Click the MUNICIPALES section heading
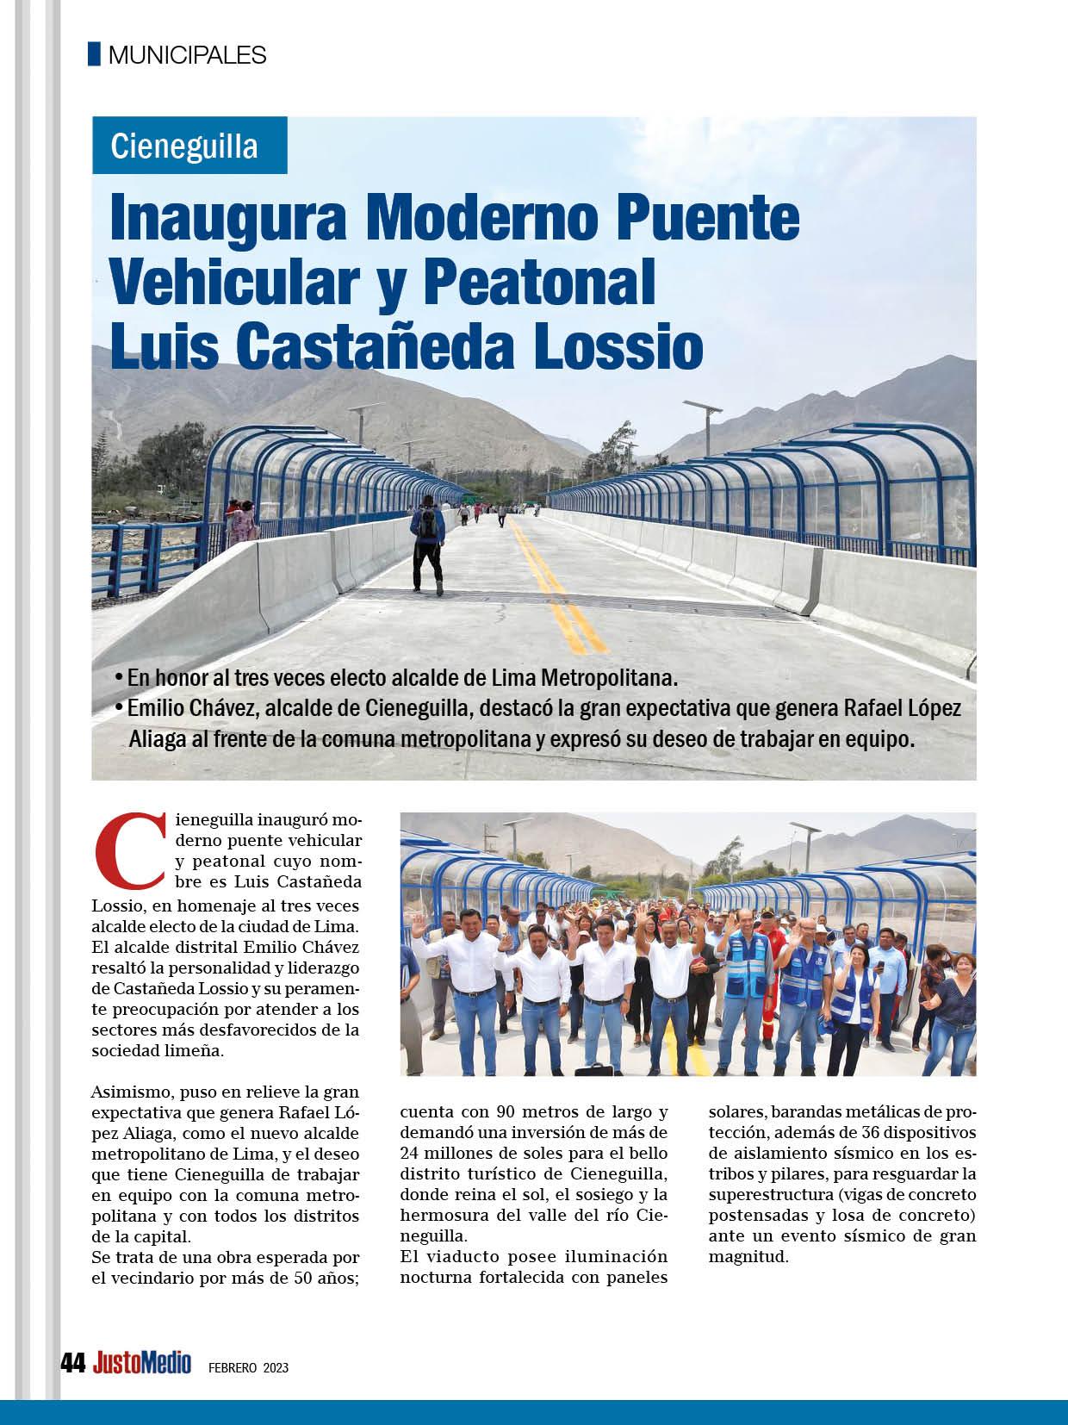tap(187, 55)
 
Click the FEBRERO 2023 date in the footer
tap(248, 1366)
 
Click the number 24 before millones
tap(412, 1153)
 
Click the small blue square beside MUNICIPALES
tap(94, 54)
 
